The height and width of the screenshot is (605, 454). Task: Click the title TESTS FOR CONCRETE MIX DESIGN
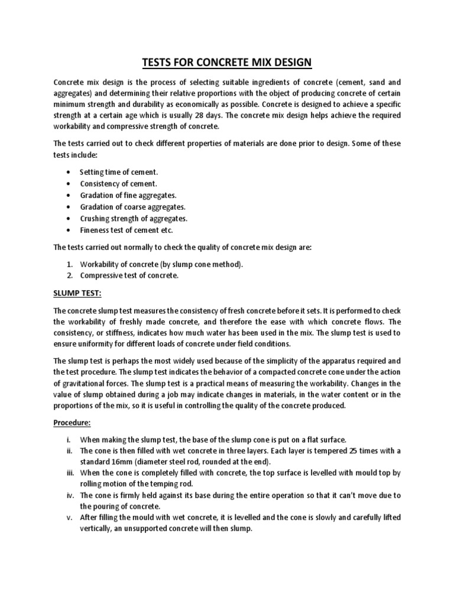(x=227, y=62)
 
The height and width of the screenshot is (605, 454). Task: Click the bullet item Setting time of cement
(x=119, y=172)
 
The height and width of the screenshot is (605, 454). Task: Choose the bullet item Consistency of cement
(x=118, y=184)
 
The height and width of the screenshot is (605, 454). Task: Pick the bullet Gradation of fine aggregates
(x=128, y=195)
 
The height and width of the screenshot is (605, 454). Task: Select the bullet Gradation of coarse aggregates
(x=133, y=207)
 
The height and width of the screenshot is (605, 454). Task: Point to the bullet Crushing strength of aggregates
(x=133, y=219)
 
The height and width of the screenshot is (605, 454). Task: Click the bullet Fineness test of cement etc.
(x=127, y=230)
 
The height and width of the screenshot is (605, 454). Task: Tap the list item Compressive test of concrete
(x=129, y=275)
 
